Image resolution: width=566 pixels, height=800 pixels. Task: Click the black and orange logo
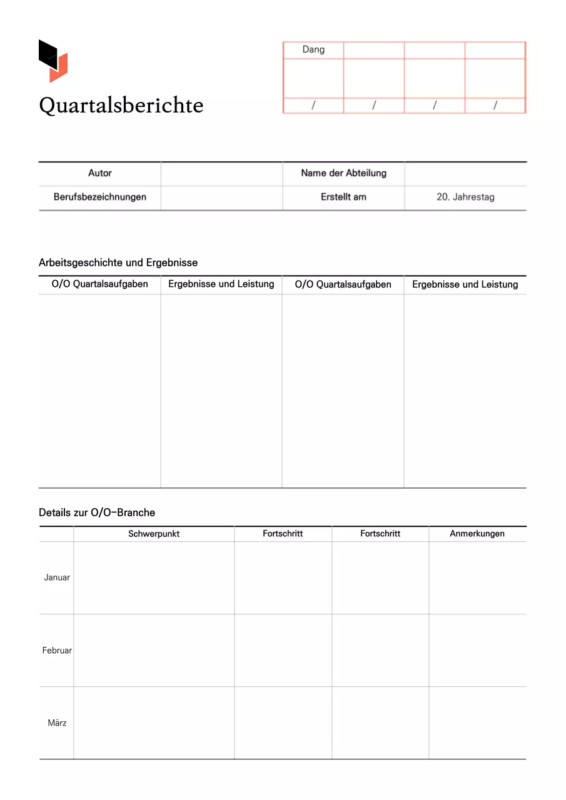[53, 61]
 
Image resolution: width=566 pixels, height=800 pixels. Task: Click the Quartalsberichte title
[121, 105]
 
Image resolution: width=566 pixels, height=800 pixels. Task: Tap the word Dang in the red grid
[313, 49]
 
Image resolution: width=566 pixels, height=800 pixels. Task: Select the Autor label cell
[100, 173]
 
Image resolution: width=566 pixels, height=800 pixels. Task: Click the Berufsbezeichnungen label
[100, 197]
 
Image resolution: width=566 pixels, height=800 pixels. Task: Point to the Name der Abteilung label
[343, 173]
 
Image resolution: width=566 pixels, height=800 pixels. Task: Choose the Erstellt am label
[343, 197]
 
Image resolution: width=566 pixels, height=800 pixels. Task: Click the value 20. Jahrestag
[465, 197]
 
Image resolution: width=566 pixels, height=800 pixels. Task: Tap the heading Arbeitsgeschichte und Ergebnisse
[118, 262]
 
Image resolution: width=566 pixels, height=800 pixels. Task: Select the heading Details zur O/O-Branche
[97, 512]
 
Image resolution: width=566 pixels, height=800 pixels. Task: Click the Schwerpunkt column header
[154, 534]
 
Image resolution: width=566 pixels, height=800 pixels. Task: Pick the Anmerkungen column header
[477, 534]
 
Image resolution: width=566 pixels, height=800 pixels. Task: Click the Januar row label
[57, 577]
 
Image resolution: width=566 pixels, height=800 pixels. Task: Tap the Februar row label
[57, 651]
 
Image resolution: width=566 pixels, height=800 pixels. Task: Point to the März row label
[57, 723]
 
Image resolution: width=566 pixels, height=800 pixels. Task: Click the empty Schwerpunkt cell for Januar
[154, 577]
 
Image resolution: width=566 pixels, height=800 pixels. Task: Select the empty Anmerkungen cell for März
[477, 723]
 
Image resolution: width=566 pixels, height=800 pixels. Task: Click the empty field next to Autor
[221, 173]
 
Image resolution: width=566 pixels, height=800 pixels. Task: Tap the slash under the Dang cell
[313, 106]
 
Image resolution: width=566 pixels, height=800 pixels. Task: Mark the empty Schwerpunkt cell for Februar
[154, 651]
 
